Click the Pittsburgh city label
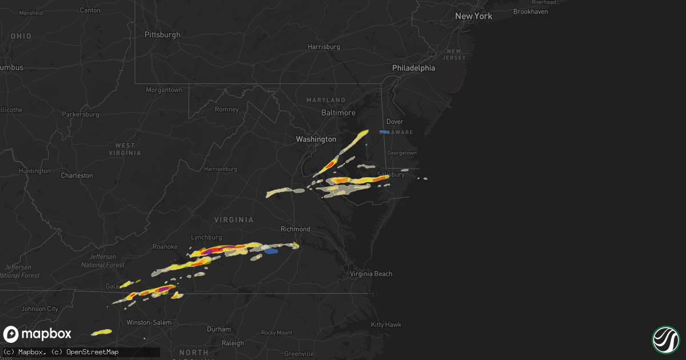pyautogui.click(x=162, y=35)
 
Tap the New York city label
pyautogui.click(x=473, y=16)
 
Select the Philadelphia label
pyautogui.click(x=413, y=68)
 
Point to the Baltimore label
pyautogui.click(x=338, y=113)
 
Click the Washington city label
pyautogui.click(x=316, y=139)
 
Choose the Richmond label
pyautogui.click(x=295, y=229)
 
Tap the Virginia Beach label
pyautogui.click(x=371, y=274)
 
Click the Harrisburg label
pyautogui.click(x=324, y=47)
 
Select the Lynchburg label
pyautogui.click(x=206, y=237)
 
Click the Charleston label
pyautogui.click(x=77, y=175)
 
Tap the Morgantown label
pyautogui.click(x=164, y=90)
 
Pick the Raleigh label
pyautogui.click(x=233, y=343)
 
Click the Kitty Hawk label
pyautogui.click(x=386, y=325)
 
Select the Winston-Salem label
pyautogui.click(x=149, y=323)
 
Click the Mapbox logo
pyautogui.click(x=38, y=334)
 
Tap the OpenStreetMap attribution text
pyautogui.click(x=92, y=352)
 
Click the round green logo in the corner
pyautogui.click(x=665, y=339)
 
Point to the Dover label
pyautogui.click(x=394, y=122)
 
